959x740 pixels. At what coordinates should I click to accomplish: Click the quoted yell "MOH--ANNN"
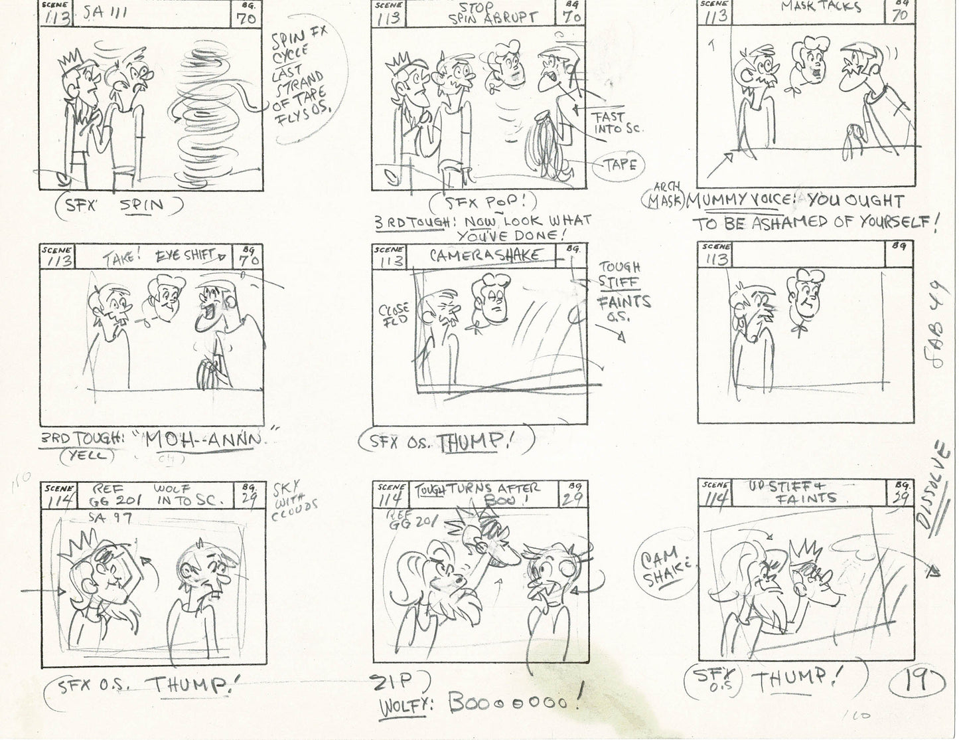(199, 441)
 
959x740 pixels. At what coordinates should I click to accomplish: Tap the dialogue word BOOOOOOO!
(516, 699)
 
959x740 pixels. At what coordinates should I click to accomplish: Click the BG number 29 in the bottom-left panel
(252, 498)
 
